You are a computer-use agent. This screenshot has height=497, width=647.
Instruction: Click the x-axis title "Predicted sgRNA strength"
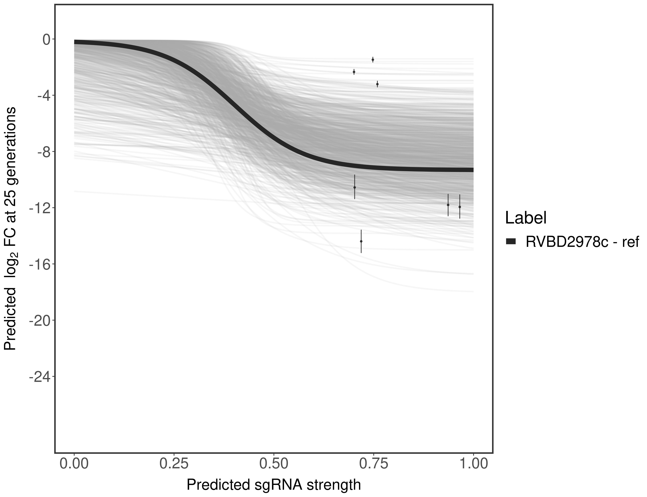pyautogui.click(x=274, y=485)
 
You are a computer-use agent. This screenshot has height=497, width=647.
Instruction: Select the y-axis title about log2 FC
pyautogui.click(x=10, y=228)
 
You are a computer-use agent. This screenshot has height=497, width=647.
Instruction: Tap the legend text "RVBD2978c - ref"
pyautogui.click(x=582, y=242)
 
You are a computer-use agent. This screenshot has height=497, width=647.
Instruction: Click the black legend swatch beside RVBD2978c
pyautogui.click(x=511, y=242)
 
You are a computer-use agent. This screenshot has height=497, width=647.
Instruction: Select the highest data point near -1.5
pyautogui.click(x=373, y=60)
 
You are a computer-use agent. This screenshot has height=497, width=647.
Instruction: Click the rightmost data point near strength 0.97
pyautogui.click(x=460, y=207)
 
